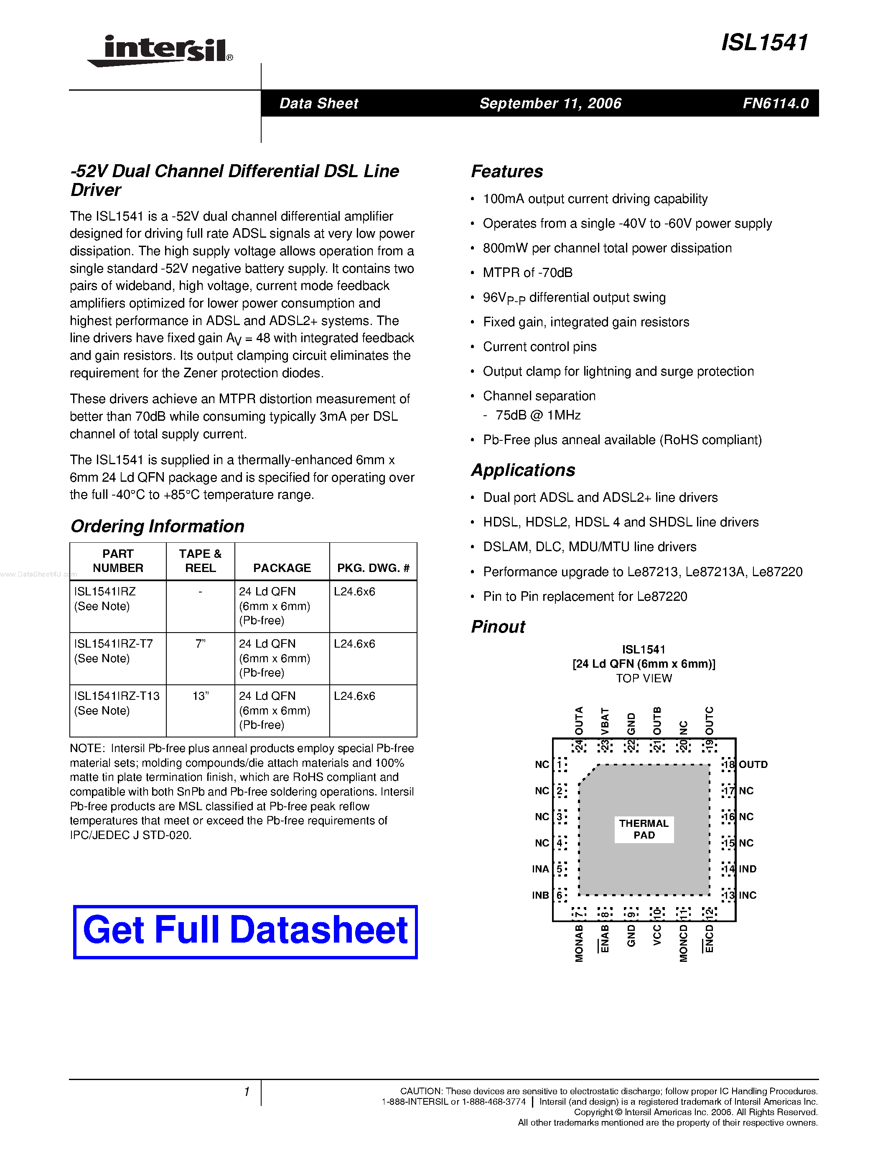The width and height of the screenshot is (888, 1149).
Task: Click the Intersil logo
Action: (160, 51)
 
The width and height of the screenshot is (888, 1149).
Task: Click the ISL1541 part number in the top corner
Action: (764, 43)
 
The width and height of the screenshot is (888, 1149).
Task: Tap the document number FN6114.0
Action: (776, 103)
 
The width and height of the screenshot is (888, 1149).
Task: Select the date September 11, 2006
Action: (550, 103)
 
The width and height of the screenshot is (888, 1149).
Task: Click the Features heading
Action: (506, 171)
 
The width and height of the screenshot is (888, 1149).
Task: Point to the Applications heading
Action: (523, 470)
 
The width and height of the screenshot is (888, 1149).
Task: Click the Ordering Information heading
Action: (157, 526)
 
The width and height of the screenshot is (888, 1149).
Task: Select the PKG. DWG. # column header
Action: (373, 568)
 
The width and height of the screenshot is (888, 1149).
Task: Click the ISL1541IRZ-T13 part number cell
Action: (117, 696)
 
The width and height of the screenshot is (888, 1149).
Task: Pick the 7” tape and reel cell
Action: (200, 644)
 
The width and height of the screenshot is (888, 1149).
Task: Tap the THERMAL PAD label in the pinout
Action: (644, 829)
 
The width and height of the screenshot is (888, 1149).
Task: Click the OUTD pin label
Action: (753, 765)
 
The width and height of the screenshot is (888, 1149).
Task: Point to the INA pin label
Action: (540, 869)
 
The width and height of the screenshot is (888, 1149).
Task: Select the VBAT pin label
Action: (605, 721)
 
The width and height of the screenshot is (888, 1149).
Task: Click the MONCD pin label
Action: (683, 944)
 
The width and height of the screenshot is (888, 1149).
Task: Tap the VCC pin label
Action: (657, 936)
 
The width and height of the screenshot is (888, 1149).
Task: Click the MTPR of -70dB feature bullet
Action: (528, 272)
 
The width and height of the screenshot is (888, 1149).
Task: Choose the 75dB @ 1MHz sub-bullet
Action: (538, 416)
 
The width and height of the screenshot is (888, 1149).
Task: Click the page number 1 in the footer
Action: (247, 1092)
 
